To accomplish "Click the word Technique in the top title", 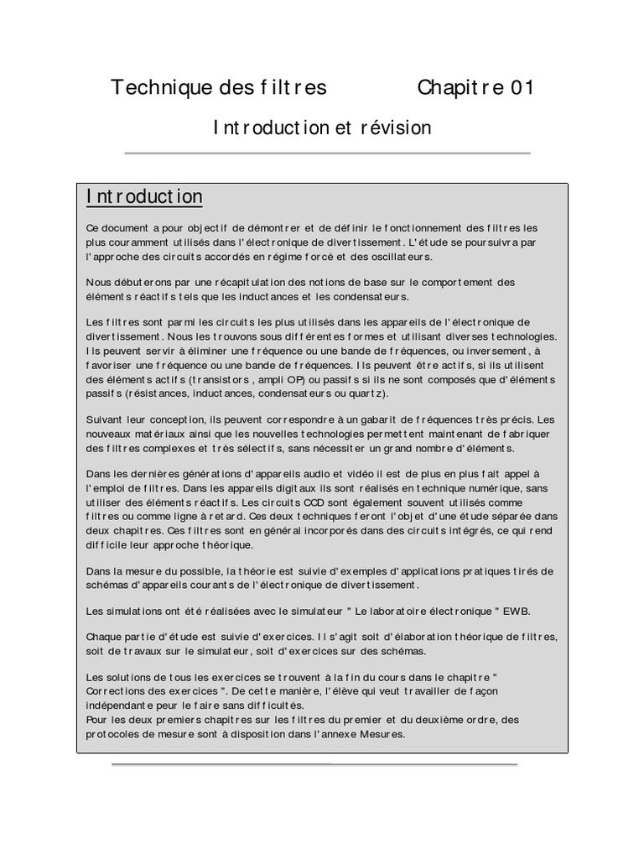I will [x=152, y=88].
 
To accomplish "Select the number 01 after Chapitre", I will [x=520, y=88].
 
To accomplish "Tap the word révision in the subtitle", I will [x=396, y=128].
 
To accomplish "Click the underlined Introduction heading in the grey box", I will [x=144, y=197].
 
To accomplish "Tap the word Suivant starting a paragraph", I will [x=106, y=419].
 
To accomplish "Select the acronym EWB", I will [x=518, y=610].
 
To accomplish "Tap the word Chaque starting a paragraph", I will [x=106, y=636].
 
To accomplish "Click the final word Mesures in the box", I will [x=381, y=734].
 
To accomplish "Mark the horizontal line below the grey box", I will [x=314, y=765].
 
